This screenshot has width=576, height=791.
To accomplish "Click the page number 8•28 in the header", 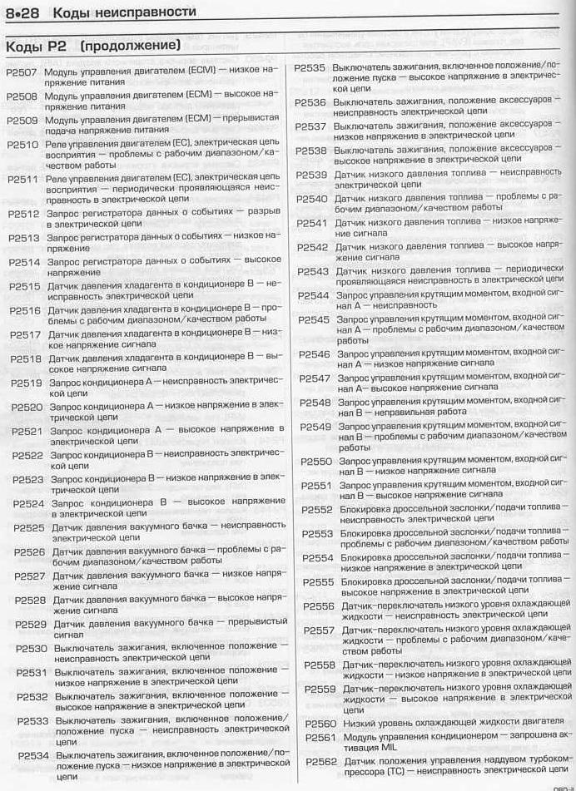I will [x=24, y=12].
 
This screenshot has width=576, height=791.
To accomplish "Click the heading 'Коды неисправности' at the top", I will [x=124, y=12].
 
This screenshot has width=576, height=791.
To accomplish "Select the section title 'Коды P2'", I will [x=33, y=44].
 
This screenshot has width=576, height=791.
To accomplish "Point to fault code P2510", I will [x=23, y=144].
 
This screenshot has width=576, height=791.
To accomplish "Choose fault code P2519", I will [x=27, y=383].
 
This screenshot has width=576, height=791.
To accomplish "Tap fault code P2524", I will [x=28, y=503].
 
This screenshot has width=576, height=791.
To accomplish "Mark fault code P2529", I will [x=30, y=624].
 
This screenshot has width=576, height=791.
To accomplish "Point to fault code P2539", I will [x=312, y=175].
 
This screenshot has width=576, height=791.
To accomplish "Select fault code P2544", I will [x=314, y=295].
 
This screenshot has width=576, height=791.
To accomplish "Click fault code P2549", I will [x=316, y=427].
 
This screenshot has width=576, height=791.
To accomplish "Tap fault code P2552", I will [x=317, y=510].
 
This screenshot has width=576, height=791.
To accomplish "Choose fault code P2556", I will [x=319, y=606].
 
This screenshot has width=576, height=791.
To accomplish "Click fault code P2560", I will [x=320, y=723].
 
